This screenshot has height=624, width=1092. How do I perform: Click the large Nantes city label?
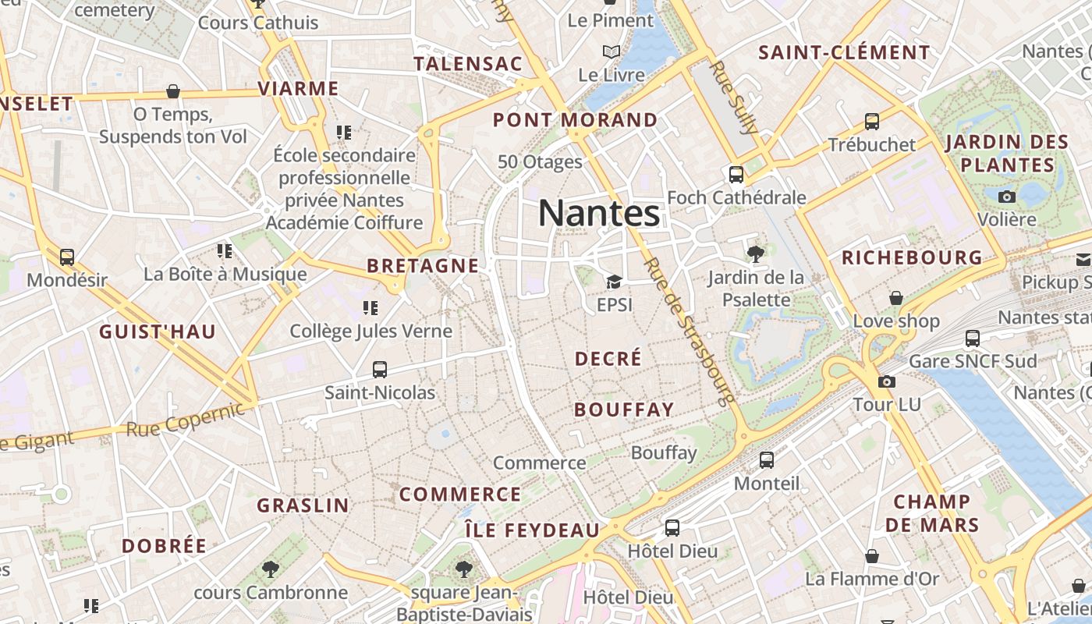[x=599, y=213]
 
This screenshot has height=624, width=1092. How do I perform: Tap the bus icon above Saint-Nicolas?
[x=380, y=369]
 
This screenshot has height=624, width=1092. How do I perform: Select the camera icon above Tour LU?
[x=887, y=381]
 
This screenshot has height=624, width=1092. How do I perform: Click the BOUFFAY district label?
[x=624, y=409]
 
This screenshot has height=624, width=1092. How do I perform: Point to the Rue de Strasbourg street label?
[x=690, y=331]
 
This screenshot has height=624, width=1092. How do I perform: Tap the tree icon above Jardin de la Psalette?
[x=755, y=253]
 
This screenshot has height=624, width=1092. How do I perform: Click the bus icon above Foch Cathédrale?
[x=736, y=174]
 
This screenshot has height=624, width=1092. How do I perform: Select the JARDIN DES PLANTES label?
[x=1007, y=154]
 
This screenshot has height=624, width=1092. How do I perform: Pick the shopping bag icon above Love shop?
[x=896, y=298]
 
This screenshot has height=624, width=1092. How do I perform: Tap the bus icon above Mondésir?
[x=67, y=257]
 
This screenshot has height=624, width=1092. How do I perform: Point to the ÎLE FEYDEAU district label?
[x=532, y=530]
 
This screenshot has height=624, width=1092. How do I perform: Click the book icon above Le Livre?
[x=612, y=52]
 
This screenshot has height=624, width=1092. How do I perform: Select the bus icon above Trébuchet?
[x=872, y=122]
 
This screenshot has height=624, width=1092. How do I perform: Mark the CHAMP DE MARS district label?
[x=932, y=513]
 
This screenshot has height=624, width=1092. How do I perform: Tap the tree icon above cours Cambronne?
[x=271, y=569]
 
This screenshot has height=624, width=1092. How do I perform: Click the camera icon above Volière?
[x=1007, y=197]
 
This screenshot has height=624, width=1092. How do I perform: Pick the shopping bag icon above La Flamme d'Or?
[x=872, y=556]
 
